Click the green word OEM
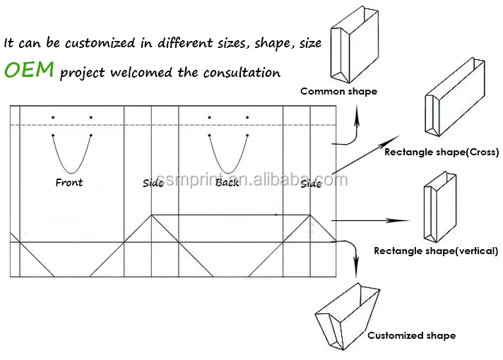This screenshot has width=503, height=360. pos(30,71)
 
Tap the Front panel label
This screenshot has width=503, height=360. pos(69,183)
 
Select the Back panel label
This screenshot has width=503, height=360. pos(227,183)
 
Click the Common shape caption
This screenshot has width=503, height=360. pos(338,91)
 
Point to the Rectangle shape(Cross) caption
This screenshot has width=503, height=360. pos(442,152)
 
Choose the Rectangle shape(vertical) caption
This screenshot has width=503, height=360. pos(436,251)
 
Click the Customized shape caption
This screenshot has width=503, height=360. pos(411,335)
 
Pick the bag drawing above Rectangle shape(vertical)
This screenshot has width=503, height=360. pos(436,205)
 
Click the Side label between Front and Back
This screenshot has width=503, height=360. pos(153,184)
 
